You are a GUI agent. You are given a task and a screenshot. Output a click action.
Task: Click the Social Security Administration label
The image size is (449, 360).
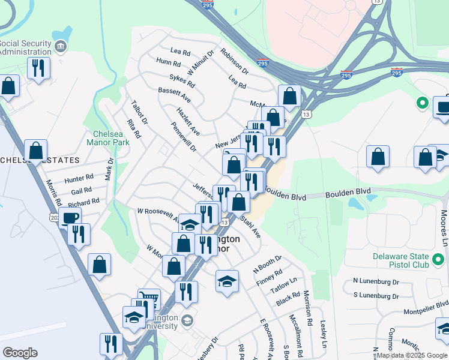click(x=25, y=47)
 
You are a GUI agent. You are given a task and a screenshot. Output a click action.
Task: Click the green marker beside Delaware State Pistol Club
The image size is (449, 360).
click(x=439, y=260)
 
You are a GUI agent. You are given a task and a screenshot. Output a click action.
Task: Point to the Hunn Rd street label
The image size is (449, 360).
click(x=168, y=62)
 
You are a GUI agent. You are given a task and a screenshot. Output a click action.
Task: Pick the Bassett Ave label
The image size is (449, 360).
click(x=174, y=94)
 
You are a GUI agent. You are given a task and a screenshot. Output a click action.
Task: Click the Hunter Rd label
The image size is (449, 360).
click(x=79, y=178)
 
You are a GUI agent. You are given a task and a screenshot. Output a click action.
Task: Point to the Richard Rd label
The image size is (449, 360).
click(x=83, y=203)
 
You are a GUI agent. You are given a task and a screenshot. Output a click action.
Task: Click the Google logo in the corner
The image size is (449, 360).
click(x=19, y=353)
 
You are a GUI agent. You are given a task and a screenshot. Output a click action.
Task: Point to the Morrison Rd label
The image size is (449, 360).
click(x=308, y=316)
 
